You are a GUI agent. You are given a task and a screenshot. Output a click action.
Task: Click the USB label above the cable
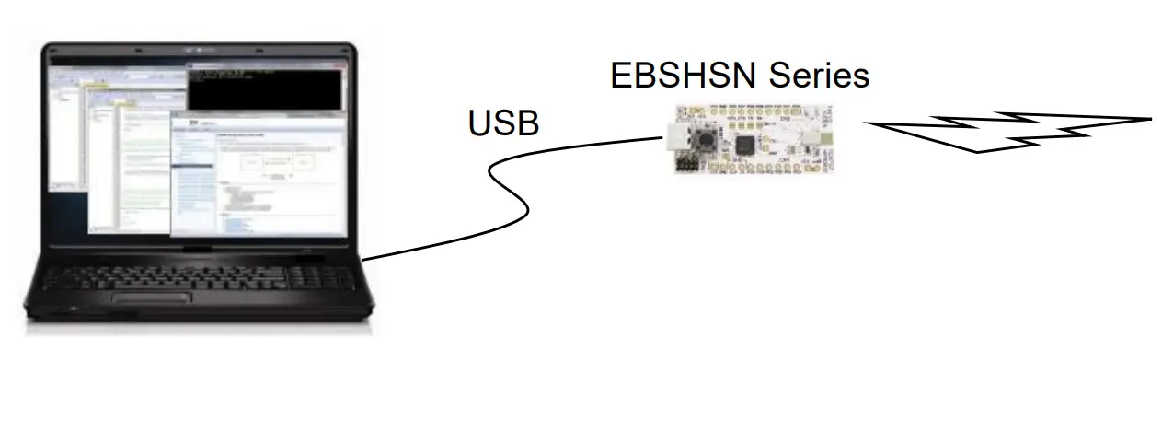tap(503, 123)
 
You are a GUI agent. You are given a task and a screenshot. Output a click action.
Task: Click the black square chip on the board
tap(745, 145)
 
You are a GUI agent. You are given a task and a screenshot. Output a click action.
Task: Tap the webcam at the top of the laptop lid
tap(199, 46)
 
